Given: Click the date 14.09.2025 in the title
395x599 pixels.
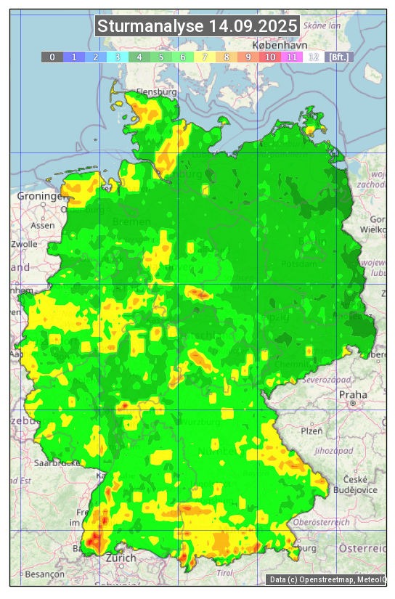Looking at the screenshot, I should [253, 27].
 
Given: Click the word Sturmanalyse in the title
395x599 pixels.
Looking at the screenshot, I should [150, 27].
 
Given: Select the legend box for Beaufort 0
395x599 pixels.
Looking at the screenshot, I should [52, 57].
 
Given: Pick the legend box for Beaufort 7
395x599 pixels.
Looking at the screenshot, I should [205, 57].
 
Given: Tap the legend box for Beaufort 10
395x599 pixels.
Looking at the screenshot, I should [270, 57].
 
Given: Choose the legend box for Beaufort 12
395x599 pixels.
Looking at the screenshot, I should [314, 57].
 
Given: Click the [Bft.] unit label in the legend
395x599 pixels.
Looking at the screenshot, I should [338, 57].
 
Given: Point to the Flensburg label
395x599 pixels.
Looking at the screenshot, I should [157, 93].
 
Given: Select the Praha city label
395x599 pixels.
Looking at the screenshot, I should [353, 395].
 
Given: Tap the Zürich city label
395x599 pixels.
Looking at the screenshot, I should [121, 558].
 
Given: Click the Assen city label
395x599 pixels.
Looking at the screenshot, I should [42, 225].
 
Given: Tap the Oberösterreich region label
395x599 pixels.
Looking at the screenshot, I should [321, 521].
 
